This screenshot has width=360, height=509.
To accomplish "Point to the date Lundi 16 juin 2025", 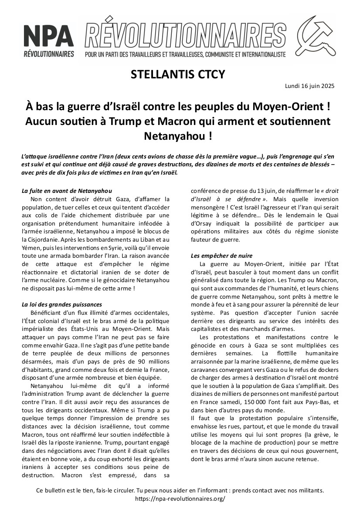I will pos(310,86).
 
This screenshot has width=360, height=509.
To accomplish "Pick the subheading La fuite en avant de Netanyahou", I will pos(67,191).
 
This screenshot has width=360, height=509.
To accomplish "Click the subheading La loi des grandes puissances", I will pos(62,304).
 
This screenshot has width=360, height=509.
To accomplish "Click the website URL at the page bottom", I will pos(180,499).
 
